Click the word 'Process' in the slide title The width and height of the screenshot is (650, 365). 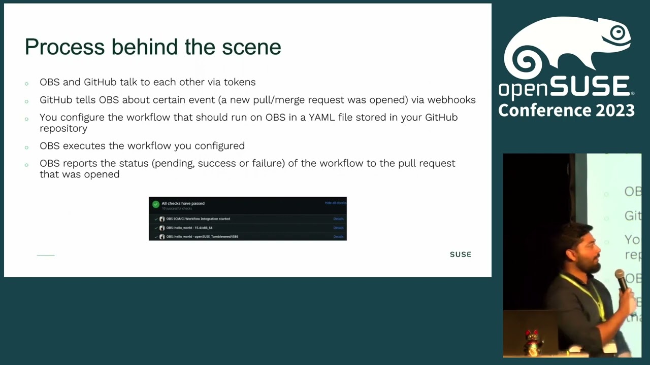click(x=65, y=47)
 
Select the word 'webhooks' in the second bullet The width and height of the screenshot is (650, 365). click(x=451, y=100)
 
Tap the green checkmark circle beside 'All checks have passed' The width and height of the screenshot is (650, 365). click(x=156, y=204)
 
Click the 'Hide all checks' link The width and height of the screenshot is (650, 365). click(x=335, y=203)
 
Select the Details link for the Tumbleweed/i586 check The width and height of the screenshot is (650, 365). click(x=338, y=237)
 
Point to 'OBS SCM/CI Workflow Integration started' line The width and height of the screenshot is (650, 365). click(x=198, y=219)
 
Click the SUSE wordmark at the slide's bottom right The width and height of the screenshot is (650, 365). click(x=460, y=254)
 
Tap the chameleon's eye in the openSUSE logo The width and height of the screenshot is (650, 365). click(x=617, y=33)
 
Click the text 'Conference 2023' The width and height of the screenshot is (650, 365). click(x=566, y=110)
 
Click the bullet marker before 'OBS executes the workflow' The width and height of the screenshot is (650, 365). click(x=26, y=147)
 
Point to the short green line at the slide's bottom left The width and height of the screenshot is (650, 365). click(x=46, y=255)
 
